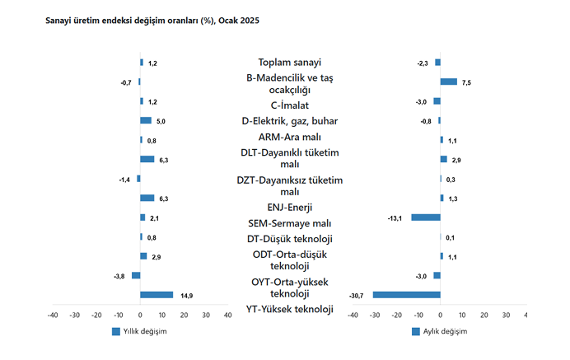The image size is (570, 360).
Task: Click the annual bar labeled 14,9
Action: pos(157,295)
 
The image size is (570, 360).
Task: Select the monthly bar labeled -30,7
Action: pos(407,295)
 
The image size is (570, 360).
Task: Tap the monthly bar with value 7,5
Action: pos(448,82)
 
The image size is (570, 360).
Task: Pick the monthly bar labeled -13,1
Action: pos(426,217)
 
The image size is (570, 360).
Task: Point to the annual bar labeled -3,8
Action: pos(136,275)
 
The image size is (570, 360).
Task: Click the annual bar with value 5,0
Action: pos(146,120)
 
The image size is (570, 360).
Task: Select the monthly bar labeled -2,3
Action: pos(438,63)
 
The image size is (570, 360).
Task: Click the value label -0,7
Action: pos(126,82)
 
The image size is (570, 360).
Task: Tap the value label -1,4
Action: pos(124,179)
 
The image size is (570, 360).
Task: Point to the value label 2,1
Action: pos(153,218)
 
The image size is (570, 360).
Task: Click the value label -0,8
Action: pos(425,121)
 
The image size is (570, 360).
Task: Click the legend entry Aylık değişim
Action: pos(440,331)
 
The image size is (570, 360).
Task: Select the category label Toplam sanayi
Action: pos(290,63)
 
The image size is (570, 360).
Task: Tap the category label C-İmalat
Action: pos(290,105)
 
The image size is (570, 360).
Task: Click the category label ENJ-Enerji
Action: pos(290,207)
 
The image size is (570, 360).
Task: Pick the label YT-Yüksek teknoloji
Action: pos(290,310)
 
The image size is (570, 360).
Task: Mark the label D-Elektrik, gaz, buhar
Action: pos(290,121)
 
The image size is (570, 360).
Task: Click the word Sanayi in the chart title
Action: pos(60,19)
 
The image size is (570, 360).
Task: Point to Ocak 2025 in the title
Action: pos(240,19)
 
